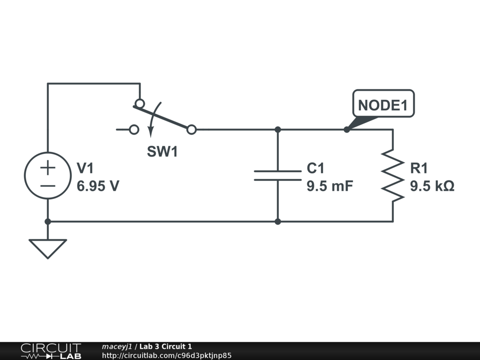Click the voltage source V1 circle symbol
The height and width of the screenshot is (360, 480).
(47, 175)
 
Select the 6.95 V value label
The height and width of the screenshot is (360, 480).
(98, 186)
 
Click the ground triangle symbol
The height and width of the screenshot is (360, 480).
(47, 247)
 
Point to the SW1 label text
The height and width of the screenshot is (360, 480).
(162, 152)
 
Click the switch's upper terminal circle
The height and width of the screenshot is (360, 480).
(139, 103)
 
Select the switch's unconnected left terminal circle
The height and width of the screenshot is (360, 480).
(134, 129)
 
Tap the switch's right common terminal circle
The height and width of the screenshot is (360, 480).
(191, 129)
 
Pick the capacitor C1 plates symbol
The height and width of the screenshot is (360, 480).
(277, 175)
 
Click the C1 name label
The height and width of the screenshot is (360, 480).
(315, 168)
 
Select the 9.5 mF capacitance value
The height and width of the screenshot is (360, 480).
(330, 186)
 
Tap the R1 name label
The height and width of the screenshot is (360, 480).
(419, 168)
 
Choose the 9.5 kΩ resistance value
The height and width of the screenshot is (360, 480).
(432, 186)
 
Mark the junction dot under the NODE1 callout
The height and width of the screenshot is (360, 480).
(347, 129)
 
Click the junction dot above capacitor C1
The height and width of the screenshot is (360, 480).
(277, 129)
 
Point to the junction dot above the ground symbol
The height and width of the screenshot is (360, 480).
(47, 221)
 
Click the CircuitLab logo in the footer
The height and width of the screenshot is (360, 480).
(51, 351)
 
